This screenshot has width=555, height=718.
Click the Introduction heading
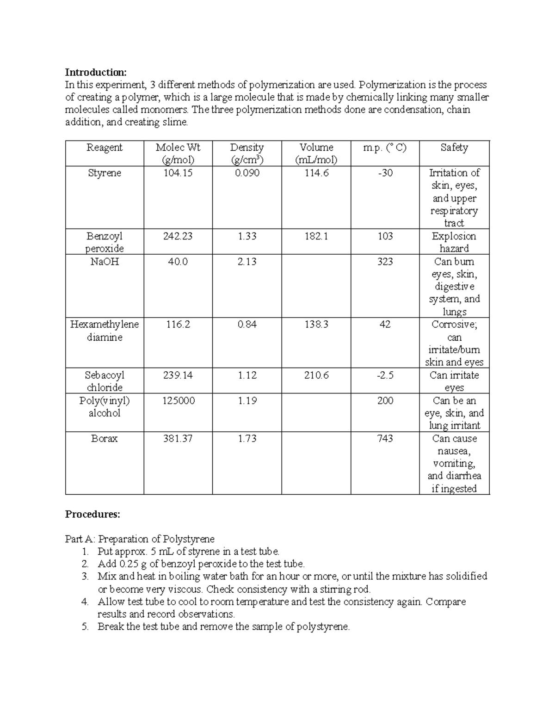(95, 72)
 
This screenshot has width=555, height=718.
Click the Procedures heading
(92, 514)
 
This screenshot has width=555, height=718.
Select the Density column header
(247, 153)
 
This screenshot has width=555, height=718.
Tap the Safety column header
(454, 147)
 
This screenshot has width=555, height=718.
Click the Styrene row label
(105, 173)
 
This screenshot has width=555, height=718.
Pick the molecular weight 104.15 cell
(178, 173)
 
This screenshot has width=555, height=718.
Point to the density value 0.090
(247, 173)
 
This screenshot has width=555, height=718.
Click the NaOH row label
(105, 262)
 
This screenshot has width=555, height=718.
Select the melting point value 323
(385, 262)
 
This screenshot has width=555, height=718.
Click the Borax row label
(105, 438)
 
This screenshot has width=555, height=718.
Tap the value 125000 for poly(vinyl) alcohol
(178, 400)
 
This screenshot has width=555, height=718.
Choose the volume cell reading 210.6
(316, 375)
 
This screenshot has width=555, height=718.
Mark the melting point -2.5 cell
(385, 375)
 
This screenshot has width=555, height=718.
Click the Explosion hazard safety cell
(454, 242)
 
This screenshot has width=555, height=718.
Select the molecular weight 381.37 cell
(178, 438)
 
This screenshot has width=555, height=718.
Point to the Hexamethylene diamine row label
(105, 331)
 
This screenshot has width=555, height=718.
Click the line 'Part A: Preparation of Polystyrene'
(140, 539)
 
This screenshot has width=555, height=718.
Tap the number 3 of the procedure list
(85, 577)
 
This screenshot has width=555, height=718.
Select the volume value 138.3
(316, 325)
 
